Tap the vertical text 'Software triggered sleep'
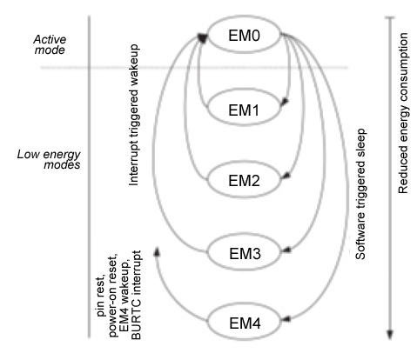(360, 202)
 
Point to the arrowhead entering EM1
(283, 105)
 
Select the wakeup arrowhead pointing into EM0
(203, 37)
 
